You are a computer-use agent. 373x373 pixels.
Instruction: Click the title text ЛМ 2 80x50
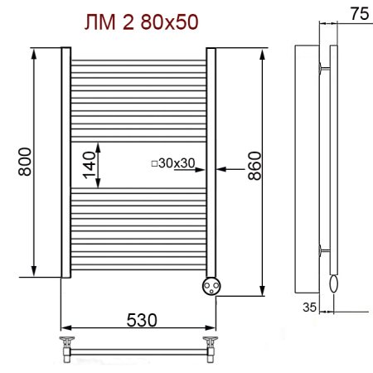[x=142, y=22]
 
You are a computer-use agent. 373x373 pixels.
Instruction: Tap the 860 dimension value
[x=253, y=167]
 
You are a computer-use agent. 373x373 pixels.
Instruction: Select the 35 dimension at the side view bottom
[x=308, y=306]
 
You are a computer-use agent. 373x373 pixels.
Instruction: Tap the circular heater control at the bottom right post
[x=211, y=285]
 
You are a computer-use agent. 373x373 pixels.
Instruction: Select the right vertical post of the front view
[x=211, y=162]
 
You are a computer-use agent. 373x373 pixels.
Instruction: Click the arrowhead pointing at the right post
[x=220, y=168]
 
